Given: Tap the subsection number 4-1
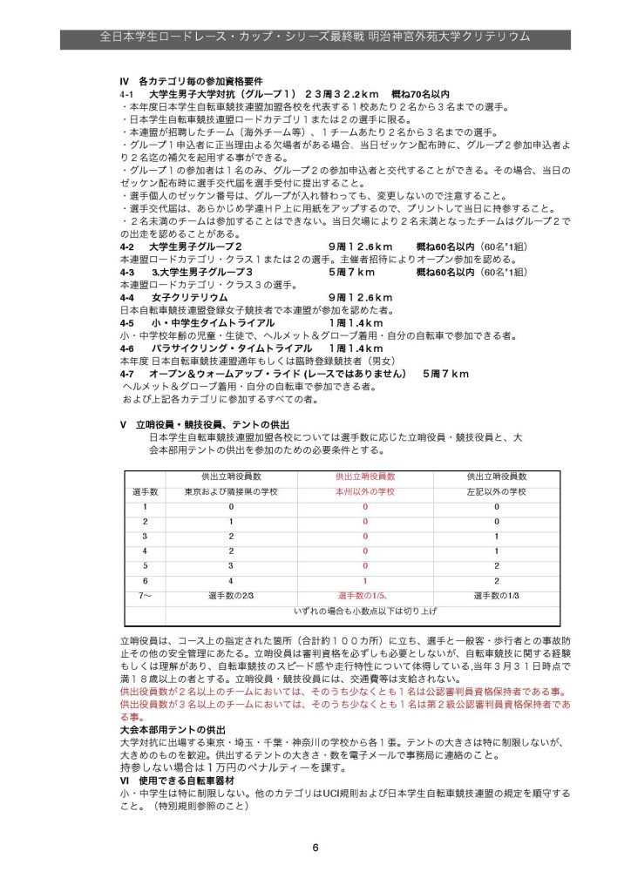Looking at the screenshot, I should tap(128, 92).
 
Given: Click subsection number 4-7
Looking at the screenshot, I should tap(128, 373).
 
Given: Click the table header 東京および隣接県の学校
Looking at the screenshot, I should tap(232, 491).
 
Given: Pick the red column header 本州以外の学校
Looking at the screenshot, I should tap(365, 491).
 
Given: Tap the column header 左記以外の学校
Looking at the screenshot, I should tap(496, 491).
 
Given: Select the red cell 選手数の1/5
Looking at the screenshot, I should tap(365, 596).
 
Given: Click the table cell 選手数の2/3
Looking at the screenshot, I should tap(232, 596).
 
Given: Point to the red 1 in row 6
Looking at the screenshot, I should tap(366, 580).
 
